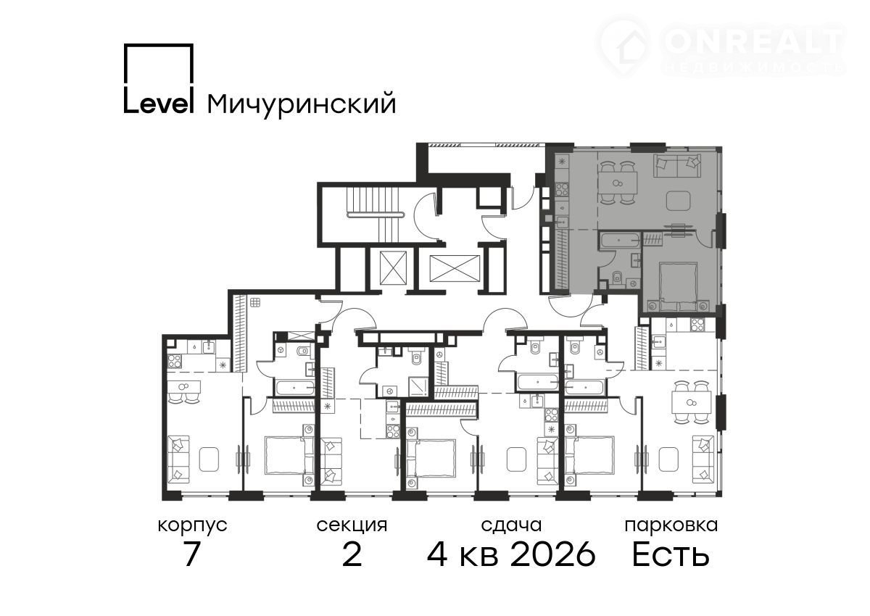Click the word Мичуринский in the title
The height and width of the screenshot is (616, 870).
coord(302,104)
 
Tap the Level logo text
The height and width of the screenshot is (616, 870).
coord(159,103)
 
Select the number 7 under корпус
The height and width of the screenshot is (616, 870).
coord(192,554)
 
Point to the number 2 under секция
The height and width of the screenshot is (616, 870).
coord(352,554)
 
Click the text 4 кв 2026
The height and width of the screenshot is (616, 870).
coord(511,554)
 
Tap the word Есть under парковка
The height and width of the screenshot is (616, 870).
coord(671,554)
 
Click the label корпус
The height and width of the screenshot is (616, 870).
coord(192,526)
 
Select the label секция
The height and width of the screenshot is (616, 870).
coord(352,526)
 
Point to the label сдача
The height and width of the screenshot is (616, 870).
coord(511,525)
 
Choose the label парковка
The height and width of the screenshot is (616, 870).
coord(671,526)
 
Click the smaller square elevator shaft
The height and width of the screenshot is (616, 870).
coord(393,268)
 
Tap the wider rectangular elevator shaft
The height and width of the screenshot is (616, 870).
coord(455,268)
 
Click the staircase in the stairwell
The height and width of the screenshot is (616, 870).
coord(375,215)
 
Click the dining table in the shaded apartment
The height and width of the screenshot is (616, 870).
coord(617,183)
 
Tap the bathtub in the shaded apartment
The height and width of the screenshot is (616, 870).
coord(619,241)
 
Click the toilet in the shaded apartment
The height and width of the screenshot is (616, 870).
coord(618,277)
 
